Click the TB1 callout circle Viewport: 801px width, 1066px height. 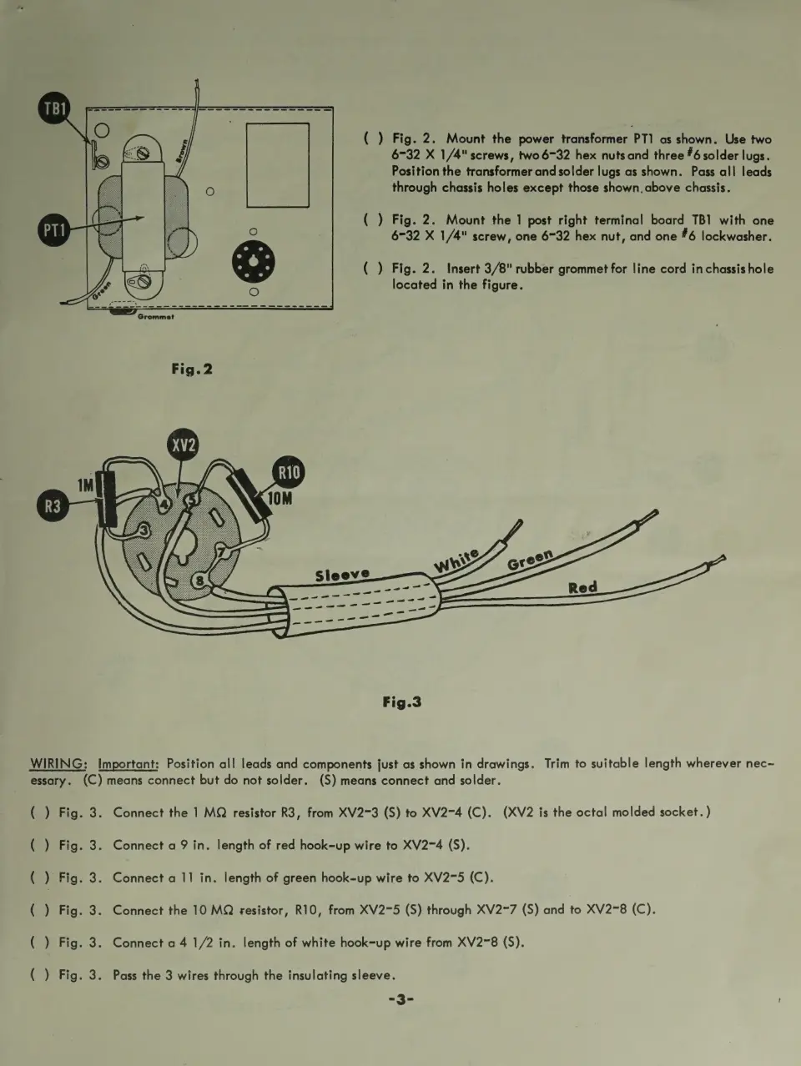tap(54, 108)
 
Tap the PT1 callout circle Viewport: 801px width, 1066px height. tap(53, 229)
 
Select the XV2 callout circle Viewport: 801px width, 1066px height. tap(184, 445)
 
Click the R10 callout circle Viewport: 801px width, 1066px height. tap(289, 473)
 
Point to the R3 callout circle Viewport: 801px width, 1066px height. tap(53, 506)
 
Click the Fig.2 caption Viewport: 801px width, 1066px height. tap(192, 369)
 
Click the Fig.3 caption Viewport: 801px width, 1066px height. tap(401, 701)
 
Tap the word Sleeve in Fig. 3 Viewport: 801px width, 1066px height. tap(342, 575)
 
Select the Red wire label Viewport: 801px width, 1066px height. tap(582, 587)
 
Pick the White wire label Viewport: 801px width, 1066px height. tap(456, 561)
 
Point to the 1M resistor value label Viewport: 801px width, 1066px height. tap(86, 485)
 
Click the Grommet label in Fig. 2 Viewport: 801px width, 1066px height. tap(155, 317)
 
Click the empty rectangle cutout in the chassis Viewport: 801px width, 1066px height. tap(278, 164)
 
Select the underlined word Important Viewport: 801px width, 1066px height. tap(128, 763)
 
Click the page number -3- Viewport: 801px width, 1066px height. tap(400, 999)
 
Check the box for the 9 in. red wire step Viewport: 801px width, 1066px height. tap(39, 845)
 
